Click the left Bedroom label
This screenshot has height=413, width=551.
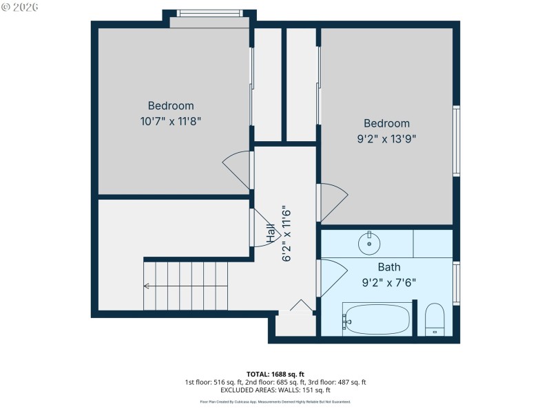[x=171, y=106]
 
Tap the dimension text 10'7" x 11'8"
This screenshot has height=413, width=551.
[x=171, y=121]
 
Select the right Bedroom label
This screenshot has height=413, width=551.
[x=386, y=123]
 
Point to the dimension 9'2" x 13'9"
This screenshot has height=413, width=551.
[x=386, y=138]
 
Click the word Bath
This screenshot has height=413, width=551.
[x=388, y=267]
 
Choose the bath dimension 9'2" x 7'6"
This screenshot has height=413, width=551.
[x=388, y=282]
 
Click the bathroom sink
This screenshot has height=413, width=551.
[x=369, y=242]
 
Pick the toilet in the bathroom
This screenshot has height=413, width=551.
[x=435, y=320]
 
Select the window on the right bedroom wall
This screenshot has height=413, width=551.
[x=456, y=141]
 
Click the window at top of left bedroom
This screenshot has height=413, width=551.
[x=209, y=14]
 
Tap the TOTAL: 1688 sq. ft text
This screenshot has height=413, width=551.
[x=275, y=374]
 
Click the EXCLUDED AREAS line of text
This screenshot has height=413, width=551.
[x=275, y=390]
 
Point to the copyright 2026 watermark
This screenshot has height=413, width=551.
[x=20, y=6]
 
